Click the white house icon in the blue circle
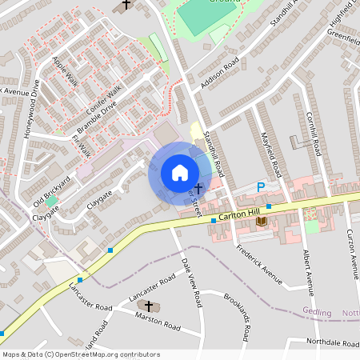coord(179,173)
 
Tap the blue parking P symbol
coord(260,187)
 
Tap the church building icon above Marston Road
coord(146,306)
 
